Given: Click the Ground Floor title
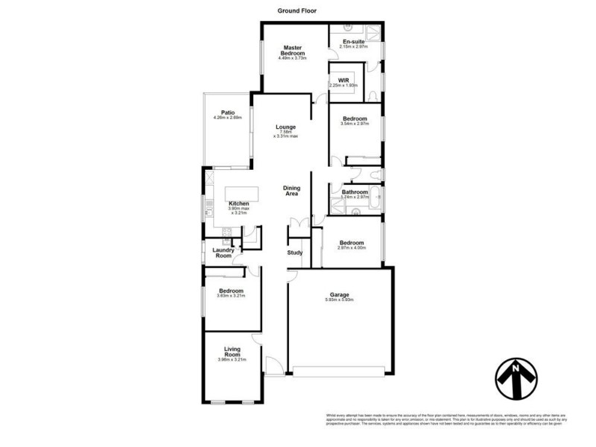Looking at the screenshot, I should point(298,10).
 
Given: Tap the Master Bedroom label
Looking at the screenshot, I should point(293,51).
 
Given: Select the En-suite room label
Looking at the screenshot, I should point(354,42).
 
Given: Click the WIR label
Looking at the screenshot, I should point(343,79).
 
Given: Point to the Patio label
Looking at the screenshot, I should point(227,112).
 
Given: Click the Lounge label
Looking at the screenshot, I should point(286,127).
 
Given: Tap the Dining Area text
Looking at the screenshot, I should point(291,191).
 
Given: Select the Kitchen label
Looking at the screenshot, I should point(238,203).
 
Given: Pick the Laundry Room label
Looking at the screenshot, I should point(223,253).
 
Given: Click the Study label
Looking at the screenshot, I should point(295,253).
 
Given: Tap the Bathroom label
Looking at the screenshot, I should point(355,192).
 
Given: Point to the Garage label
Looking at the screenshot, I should point(339,294).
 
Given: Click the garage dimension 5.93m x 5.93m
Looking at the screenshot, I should point(339,300).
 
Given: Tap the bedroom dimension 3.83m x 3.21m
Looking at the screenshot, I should point(231,296).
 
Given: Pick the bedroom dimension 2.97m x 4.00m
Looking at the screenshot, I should point(352,248).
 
